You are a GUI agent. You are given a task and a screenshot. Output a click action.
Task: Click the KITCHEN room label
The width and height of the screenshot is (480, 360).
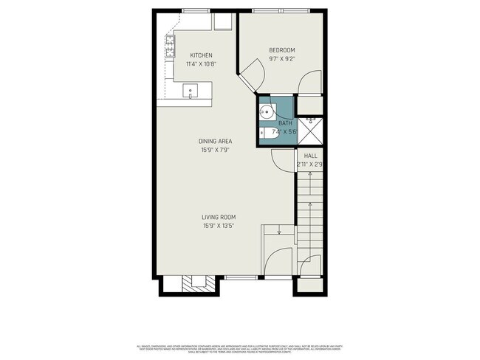[201, 55]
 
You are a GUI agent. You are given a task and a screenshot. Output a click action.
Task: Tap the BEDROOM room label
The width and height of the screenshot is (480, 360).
[281, 50]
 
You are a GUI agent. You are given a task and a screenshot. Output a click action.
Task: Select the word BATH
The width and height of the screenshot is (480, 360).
[285, 123]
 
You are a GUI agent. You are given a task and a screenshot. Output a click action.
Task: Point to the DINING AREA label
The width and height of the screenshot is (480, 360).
[216, 142]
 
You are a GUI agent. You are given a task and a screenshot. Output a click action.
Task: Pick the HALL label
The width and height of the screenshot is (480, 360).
[310, 156]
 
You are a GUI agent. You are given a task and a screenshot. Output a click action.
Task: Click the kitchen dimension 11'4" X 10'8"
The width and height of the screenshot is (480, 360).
[201, 64]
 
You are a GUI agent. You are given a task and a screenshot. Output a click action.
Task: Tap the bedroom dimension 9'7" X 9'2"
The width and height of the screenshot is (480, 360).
[281, 59]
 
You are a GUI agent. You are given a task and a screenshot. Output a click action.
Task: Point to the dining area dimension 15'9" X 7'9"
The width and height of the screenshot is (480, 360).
[216, 150]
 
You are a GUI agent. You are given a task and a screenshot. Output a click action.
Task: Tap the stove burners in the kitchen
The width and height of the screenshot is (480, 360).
[170, 49]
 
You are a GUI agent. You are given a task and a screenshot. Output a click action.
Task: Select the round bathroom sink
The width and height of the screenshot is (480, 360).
[267, 113]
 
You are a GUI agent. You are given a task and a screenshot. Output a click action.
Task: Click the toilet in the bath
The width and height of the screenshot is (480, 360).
[268, 133]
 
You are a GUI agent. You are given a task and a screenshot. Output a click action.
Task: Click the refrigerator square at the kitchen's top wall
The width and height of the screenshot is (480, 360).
[222, 23]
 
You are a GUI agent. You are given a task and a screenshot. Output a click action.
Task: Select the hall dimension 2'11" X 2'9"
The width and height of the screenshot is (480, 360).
[310, 165]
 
